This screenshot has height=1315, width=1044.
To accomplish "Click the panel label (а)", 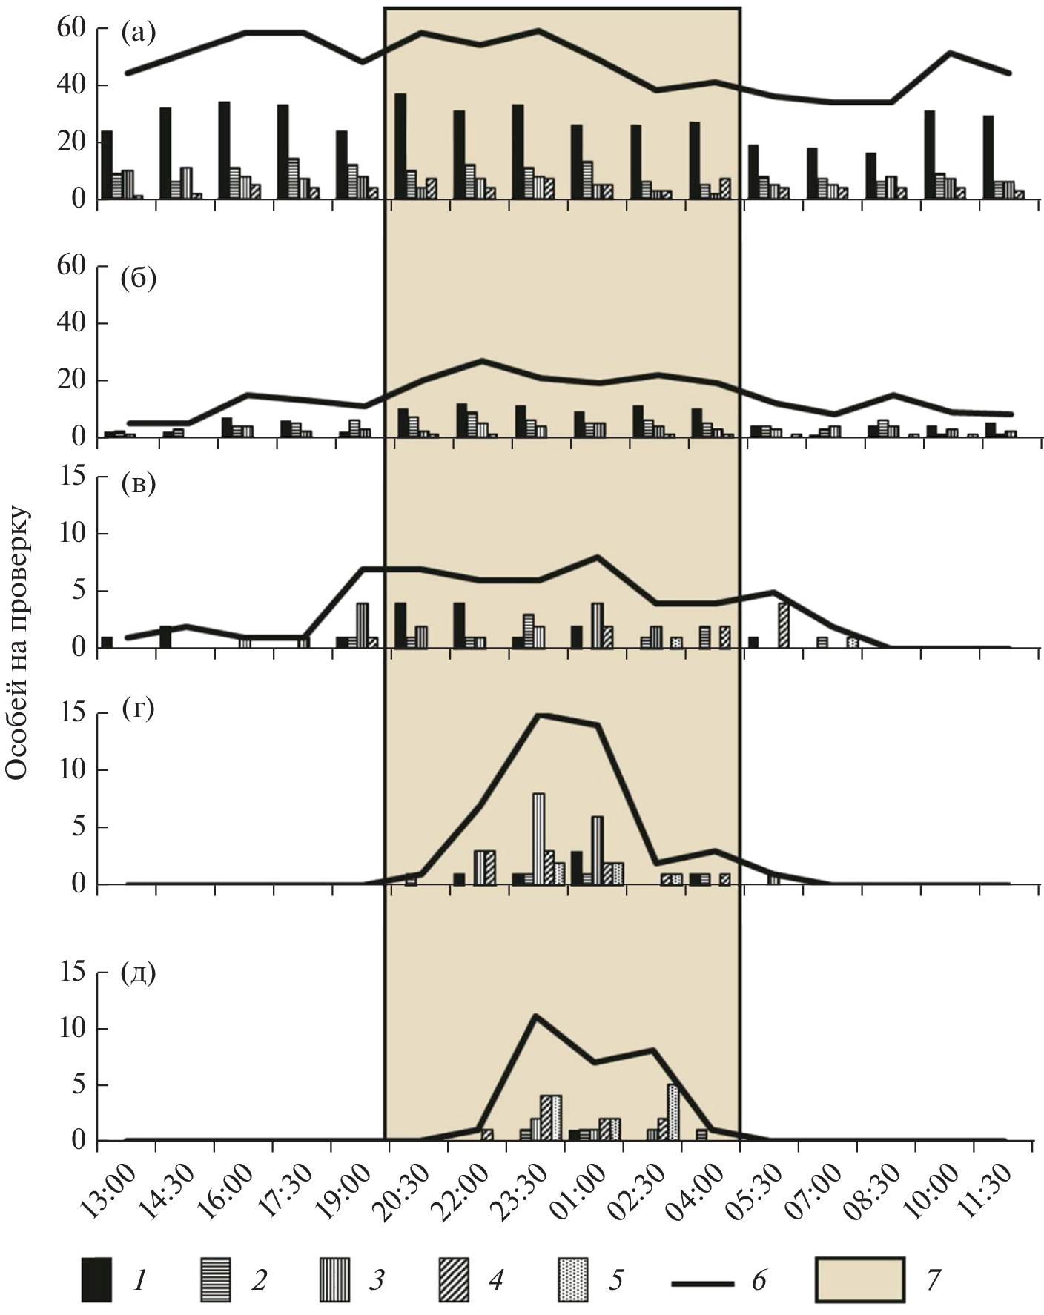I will pos(138,33).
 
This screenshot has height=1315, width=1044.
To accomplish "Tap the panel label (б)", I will pos(139,281).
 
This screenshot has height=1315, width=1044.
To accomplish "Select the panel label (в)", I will pos(138,486).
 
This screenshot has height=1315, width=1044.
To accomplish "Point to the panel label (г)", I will pos(138,710).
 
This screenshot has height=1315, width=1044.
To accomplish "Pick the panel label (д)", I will pos(138,973).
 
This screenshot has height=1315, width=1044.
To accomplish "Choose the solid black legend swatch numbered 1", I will pos(96,1279).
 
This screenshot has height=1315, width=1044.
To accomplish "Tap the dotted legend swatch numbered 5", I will pos(572,1279).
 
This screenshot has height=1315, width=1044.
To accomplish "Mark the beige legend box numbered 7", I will pos(859,1279).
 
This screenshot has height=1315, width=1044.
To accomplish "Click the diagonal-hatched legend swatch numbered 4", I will pos(453,1279).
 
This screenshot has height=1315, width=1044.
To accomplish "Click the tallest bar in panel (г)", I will pos(538,838).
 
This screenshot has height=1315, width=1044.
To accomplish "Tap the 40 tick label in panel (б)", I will pos(72,323).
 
